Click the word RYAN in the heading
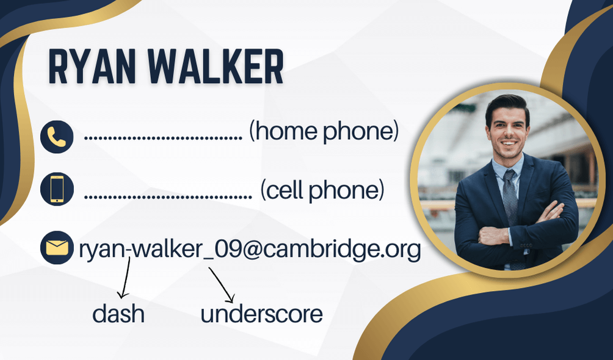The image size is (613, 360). coord(92,67)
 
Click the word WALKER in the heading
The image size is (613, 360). coord(215,67)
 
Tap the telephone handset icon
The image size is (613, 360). coord(57,137)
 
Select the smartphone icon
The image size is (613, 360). coord(57,189)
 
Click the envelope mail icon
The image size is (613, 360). coord(57,248)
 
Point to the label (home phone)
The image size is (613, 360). coord(324,131)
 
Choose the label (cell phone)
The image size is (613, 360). coord(322,190)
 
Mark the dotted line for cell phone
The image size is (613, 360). coord(168,196)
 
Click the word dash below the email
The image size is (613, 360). coord(118,314)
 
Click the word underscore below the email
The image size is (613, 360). coord(261,314)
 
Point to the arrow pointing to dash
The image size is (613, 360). coord(125,277)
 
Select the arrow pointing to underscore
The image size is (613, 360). coord(222,284)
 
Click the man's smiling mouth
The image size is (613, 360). coord(508,143)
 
